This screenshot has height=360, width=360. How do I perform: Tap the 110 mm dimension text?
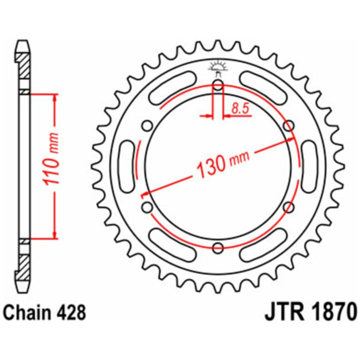click(x=51, y=159)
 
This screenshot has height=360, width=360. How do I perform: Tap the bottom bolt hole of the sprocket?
click(x=218, y=247)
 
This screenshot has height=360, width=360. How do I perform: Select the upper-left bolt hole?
click(x=147, y=126)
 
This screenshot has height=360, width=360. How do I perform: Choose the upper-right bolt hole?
click(x=288, y=126)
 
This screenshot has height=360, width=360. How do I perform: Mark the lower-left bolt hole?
click(x=147, y=207)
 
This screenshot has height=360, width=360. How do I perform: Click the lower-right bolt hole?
click(x=288, y=207)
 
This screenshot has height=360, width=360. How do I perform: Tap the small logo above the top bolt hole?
click(x=218, y=68)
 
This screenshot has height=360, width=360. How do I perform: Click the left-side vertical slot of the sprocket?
click(x=128, y=166)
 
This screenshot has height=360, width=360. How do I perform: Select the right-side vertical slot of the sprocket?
click(x=309, y=166)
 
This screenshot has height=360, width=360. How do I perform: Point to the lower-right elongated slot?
click(x=264, y=245)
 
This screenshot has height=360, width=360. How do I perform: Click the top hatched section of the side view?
click(x=24, y=66)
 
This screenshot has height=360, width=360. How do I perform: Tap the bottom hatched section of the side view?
click(x=24, y=267)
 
